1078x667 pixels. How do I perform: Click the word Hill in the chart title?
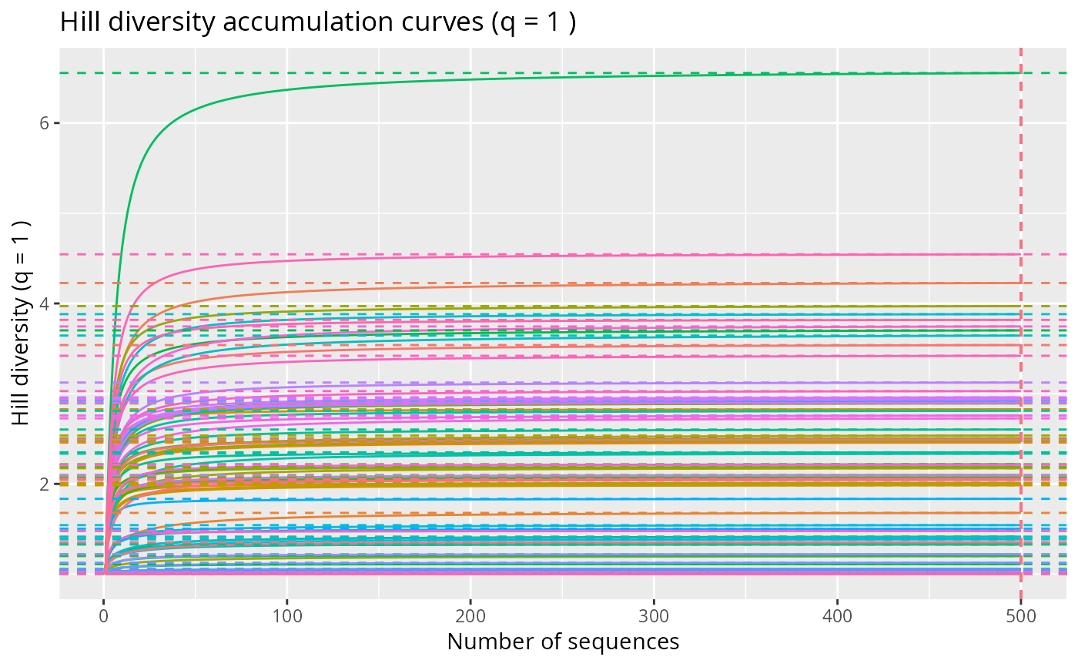76,23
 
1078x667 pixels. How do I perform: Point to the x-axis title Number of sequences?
563,642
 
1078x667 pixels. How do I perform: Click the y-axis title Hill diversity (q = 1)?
22,321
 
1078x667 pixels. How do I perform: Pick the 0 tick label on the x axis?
104,616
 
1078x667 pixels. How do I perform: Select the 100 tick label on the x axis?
287,616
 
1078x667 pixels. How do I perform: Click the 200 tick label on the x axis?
470,616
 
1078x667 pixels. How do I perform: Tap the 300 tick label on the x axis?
654,616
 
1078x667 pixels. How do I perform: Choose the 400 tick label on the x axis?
837,616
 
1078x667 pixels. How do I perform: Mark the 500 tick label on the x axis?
1020,616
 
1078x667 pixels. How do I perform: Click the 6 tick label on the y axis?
44,123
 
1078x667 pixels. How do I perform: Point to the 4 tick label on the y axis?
44,303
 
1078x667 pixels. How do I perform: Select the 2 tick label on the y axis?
44,484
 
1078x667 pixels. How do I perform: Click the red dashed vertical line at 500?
1021,193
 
